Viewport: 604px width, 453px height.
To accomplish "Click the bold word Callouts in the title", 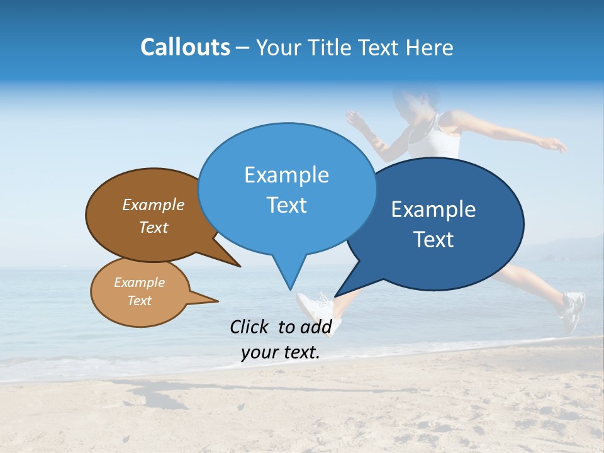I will (x=185, y=47).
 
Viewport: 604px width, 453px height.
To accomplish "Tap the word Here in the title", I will (x=429, y=47).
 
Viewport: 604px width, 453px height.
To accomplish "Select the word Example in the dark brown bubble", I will (x=154, y=204).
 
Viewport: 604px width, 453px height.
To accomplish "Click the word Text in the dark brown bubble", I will (x=154, y=227).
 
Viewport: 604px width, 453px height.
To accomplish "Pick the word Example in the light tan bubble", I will (x=139, y=282).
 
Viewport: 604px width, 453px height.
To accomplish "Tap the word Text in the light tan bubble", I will (x=139, y=301).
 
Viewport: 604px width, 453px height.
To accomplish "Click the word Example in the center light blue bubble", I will (x=286, y=175).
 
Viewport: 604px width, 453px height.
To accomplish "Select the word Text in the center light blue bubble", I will (x=286, y=205).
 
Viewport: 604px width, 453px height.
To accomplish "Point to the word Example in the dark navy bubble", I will (x=433, y=210).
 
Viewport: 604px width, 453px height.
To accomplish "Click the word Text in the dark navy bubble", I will (x=433, y=240).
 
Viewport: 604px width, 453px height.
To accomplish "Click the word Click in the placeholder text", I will (x=250, y=327).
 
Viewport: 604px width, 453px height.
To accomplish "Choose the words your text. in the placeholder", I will (x=281, y=352).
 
